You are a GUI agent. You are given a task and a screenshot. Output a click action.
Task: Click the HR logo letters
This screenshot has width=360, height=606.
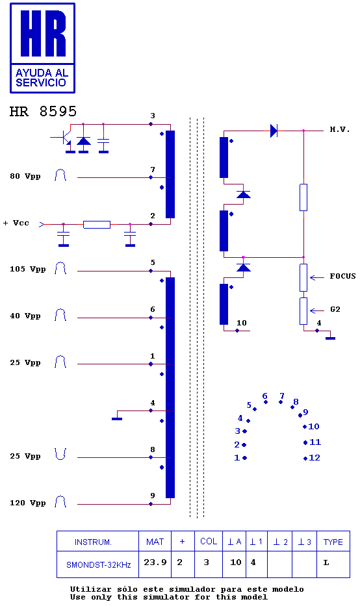[x=43, y=33]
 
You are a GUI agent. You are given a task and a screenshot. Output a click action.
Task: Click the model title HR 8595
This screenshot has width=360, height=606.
[x=43, y=111]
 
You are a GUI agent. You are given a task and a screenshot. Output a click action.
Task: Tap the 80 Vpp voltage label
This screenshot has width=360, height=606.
[x=25, y=176]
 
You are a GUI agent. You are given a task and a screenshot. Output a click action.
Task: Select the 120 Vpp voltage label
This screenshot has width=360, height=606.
[x=28, y=503]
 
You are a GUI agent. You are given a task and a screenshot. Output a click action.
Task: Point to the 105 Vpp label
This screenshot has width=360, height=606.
[x=28, y=269]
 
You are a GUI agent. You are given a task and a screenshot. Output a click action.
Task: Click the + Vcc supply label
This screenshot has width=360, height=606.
[x=16, y=223]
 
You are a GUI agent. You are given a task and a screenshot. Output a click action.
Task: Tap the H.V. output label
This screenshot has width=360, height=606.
[x=340, y=129]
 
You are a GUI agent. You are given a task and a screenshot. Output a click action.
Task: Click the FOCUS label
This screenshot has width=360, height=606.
[x=342, y=276]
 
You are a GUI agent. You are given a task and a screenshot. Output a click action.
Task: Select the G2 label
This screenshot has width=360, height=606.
[x=335, y=309]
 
